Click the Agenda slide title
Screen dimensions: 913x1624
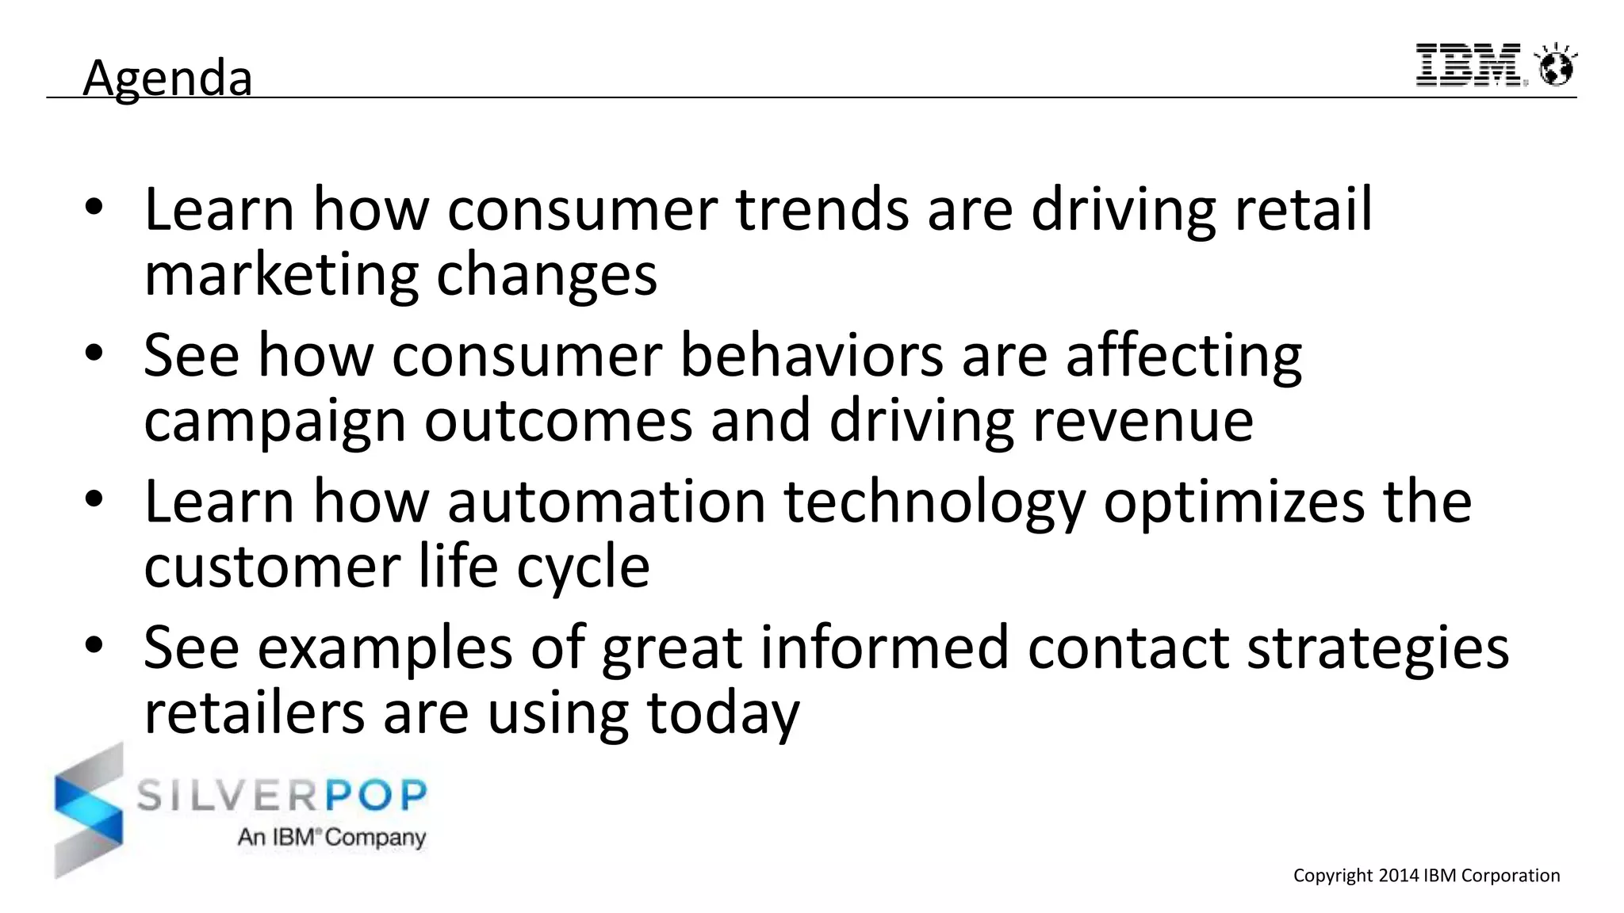(167, 78)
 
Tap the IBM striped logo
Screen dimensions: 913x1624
(1469, 65)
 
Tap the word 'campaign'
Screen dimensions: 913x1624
(274, 421)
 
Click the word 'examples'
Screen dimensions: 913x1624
(385, 648)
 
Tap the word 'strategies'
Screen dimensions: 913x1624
(1377, 648)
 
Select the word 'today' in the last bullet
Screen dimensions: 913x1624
(722, 713)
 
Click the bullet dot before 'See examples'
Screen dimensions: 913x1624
(94, 645)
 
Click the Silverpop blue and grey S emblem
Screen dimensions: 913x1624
(89, 810)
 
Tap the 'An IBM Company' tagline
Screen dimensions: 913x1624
(331, 838)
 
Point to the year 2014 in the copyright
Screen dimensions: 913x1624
(1399, 876)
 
